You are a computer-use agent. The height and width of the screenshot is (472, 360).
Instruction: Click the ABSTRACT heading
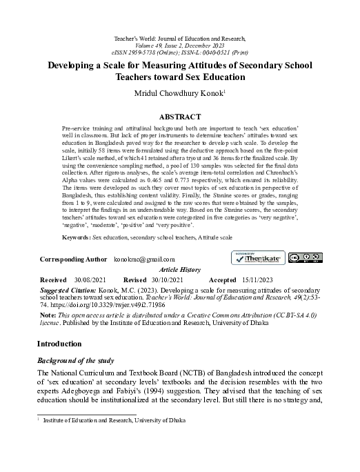[x=179, y=117]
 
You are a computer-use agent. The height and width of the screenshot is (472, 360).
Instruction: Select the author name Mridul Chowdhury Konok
[x=179, y=94]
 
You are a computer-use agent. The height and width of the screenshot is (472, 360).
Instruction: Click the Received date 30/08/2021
[x=90, y=280]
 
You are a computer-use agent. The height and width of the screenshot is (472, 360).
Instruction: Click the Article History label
[x=179, y=270]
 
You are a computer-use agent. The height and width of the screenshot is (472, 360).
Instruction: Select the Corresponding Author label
[x=74, y=259]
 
